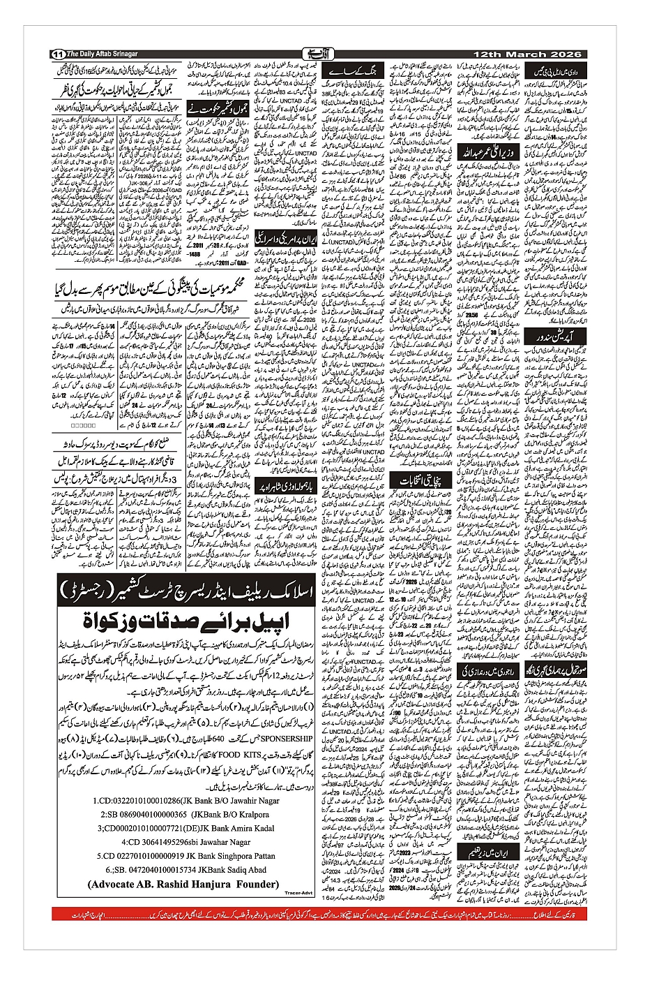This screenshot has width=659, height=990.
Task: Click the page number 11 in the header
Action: [x=58, y=54]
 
